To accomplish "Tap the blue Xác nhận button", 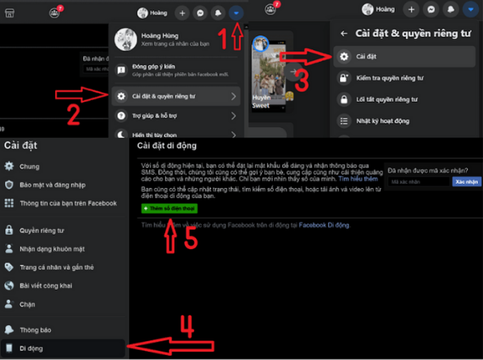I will click(x=467, y=181).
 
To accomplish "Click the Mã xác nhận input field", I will click(x=419, y=181).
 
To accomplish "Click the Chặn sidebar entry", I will click(x=27, y=302).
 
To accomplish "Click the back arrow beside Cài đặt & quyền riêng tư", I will click(x=343, y=33).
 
